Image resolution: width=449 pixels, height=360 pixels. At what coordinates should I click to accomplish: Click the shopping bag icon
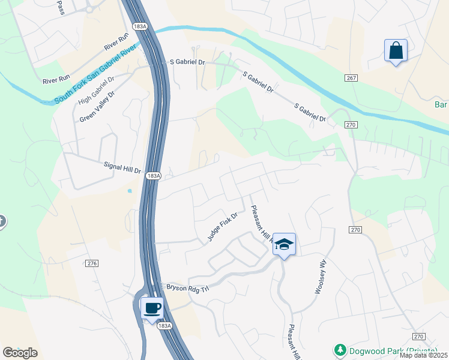pos(396,51)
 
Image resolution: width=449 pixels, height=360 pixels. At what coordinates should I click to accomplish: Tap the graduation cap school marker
pos(284,244)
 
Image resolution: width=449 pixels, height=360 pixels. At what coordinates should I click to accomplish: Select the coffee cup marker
pos(151,308)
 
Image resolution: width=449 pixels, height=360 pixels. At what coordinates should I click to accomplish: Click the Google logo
pos(20,353)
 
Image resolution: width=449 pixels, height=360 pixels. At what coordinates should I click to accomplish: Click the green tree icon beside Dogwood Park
pos(339,350)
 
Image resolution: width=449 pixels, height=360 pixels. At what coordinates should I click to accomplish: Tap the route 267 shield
pos(352,79)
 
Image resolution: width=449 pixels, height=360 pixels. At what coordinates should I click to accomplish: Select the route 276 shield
pos(92,263)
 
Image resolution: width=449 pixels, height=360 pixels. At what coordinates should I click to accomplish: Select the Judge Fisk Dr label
pos(223,226)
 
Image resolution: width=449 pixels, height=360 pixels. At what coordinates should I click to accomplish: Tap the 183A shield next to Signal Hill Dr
pos(154,176)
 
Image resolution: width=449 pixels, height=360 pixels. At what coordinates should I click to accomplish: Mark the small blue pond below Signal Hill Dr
pos(130,191)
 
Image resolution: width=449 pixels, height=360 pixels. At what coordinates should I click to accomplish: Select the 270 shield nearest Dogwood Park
pos(419,337)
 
